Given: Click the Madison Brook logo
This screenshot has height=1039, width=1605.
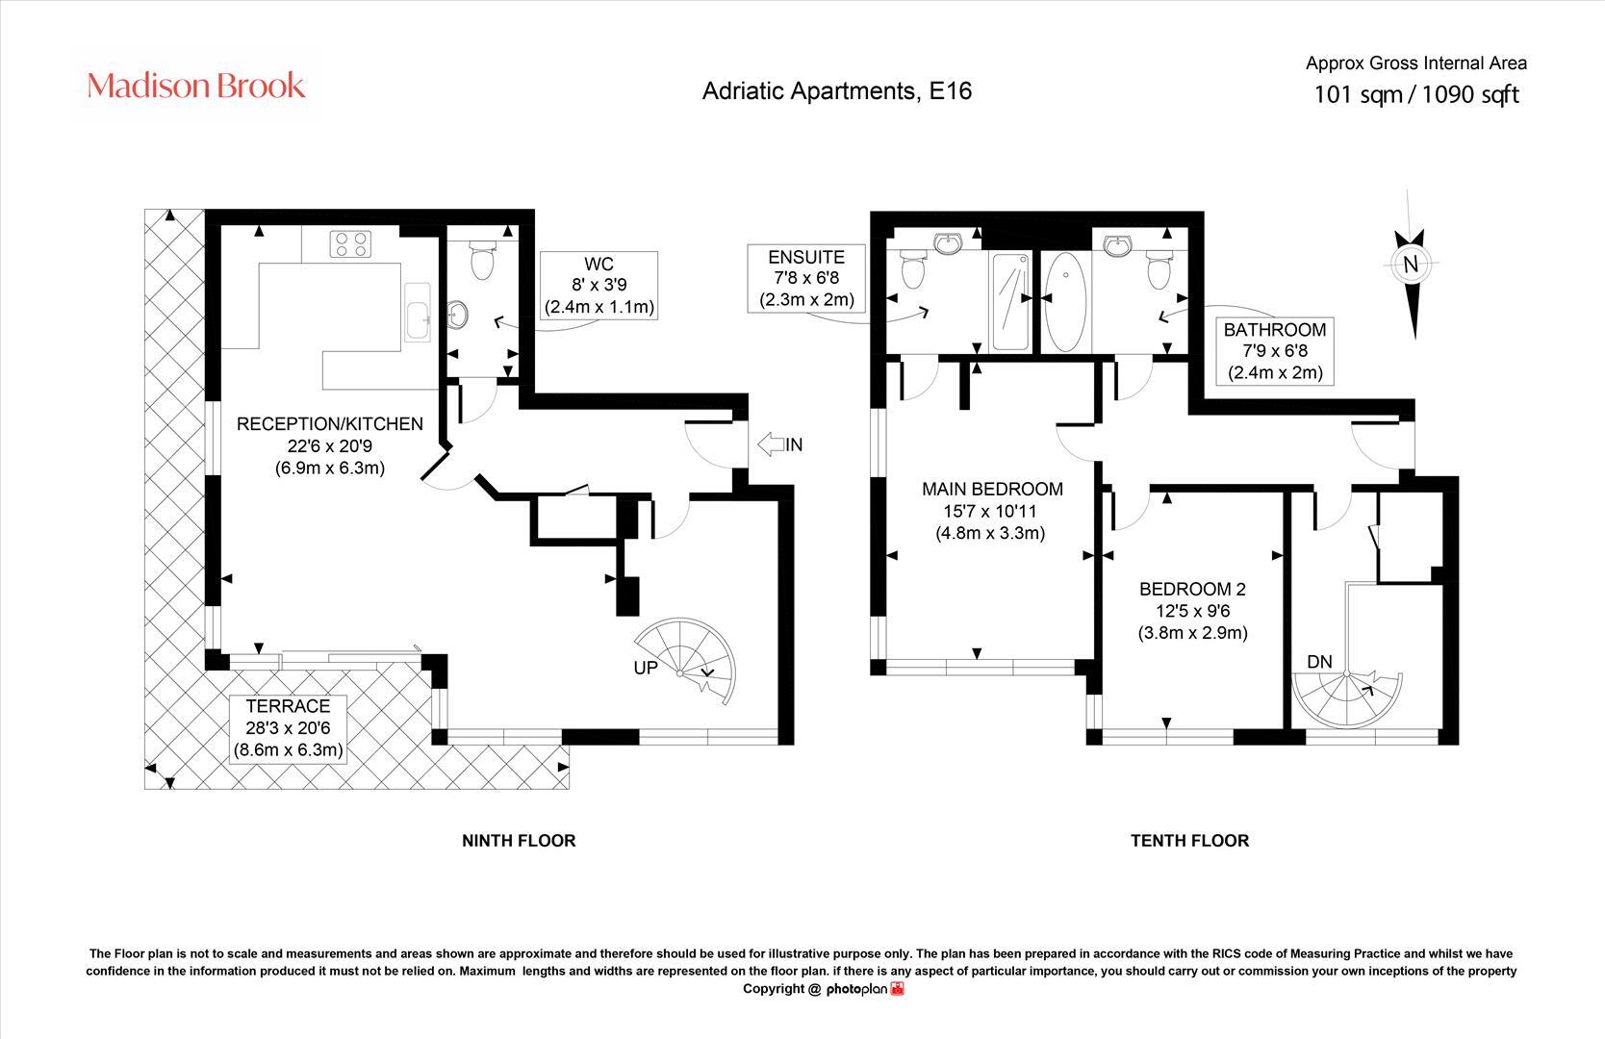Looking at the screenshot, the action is coord(196,86).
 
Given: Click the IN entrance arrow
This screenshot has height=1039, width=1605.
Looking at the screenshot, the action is coord(771,444).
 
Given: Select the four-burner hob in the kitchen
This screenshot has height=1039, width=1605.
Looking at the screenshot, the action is coord(350,243).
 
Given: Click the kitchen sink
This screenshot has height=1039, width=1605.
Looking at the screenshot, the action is coord(418,312).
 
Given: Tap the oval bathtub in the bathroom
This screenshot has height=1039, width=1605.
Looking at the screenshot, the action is coord(1065,302).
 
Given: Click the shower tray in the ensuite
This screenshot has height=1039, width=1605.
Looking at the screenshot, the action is coord(1010,302).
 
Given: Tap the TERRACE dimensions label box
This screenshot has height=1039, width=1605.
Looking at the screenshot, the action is coord(288,728).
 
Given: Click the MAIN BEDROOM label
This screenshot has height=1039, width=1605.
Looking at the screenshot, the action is coord(992,511).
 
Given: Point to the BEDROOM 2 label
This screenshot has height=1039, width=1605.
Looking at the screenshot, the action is coord(1192,611).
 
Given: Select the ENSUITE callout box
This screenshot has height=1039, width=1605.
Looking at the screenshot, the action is coord(806,279).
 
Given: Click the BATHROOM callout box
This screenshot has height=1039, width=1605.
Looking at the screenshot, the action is coord(1275,351).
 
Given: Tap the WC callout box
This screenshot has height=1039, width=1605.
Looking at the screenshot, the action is coord(599,285).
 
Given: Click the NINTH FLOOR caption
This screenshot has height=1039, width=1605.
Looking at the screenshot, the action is coord(519,841).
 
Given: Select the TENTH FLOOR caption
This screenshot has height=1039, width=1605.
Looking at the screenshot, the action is coord(1189,841).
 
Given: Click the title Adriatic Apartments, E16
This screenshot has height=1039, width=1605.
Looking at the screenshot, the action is coord(837,91).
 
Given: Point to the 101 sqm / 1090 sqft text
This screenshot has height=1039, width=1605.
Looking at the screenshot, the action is coord(1415,94).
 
